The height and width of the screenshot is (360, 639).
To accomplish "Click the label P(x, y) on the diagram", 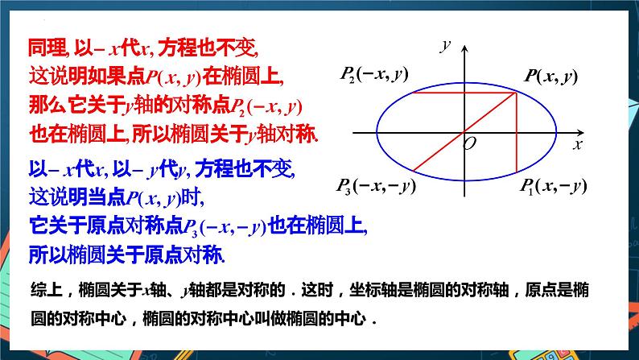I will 550,77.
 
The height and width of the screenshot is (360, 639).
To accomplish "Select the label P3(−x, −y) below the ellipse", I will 375,187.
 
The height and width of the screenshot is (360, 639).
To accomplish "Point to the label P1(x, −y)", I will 552,187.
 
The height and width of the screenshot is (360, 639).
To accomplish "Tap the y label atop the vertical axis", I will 443,46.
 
